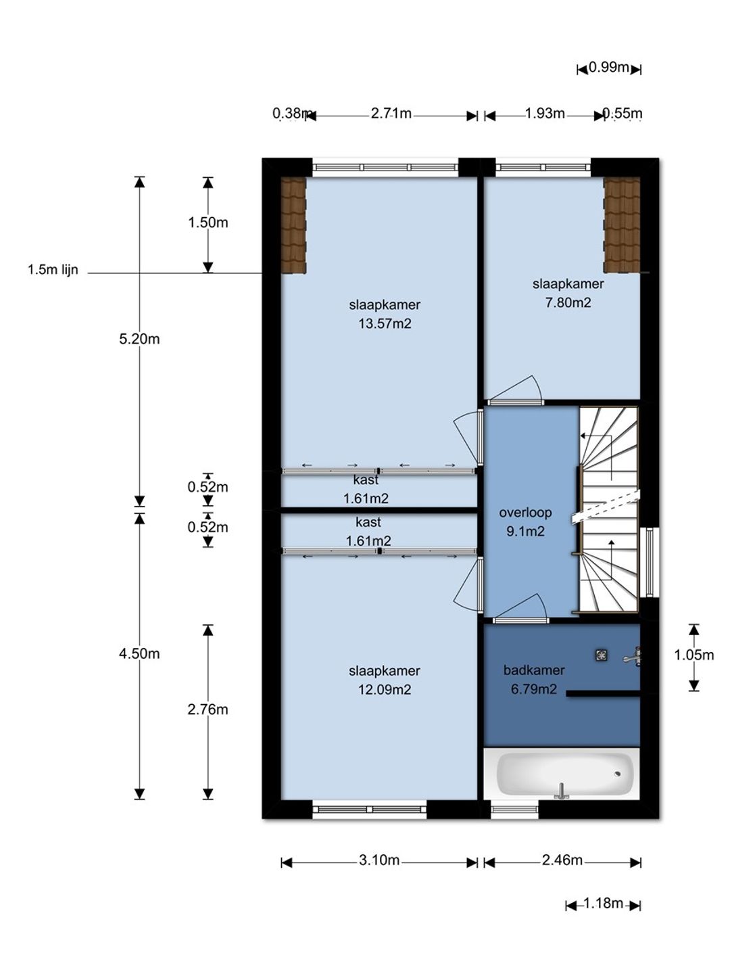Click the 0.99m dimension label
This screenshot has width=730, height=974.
(608, 68)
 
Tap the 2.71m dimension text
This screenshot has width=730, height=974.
(391, 114)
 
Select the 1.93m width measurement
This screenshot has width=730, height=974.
(545, 114)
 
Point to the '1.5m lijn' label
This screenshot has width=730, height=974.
(53, 270)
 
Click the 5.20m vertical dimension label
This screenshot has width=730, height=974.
(139, 339)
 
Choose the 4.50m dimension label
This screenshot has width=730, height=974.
(139, 653)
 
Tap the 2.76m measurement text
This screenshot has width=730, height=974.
(208, 710)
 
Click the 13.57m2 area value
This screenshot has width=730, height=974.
(385, 323)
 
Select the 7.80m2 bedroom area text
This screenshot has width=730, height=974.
(568, 302)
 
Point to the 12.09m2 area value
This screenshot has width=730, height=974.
(385, 689)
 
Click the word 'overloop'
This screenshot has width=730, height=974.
(525, 513)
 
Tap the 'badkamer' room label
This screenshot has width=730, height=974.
(534, 670)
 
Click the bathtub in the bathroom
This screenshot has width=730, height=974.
(561, 773)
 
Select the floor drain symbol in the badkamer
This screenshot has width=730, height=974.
(602, 655)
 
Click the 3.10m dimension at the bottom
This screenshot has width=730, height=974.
(379, 860)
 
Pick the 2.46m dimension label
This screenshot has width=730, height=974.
(562, 860)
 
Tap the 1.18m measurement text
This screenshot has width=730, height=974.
(603, 903)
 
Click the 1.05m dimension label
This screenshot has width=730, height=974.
(693, 655)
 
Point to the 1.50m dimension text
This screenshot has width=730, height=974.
(208, 223)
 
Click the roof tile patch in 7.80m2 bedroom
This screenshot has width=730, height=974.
(622, 225)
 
